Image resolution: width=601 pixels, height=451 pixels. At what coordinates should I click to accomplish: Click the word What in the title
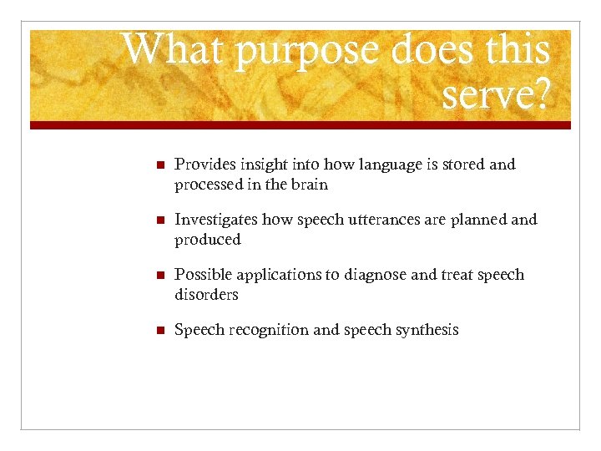coord(173,50)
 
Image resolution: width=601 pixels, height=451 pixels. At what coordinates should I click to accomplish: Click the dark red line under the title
coord(300,125)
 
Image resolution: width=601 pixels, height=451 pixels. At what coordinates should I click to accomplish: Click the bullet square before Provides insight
coord(148,165)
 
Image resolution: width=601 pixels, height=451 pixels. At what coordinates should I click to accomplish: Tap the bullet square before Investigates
coord(148,220)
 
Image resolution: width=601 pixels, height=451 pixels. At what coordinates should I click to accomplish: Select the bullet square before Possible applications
coord(148,276)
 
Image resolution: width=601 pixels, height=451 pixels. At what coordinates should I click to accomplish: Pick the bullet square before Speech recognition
coord(148,331)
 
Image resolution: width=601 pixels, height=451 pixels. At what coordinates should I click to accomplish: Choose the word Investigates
coord(216,220)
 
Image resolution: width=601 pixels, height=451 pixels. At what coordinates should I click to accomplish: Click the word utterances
coord(350,220)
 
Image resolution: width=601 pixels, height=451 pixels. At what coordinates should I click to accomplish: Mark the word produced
coord(207,241)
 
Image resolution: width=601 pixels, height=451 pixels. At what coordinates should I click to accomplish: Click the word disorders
coord(206,295)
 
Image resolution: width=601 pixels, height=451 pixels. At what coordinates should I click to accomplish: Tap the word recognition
coord(264,331)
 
